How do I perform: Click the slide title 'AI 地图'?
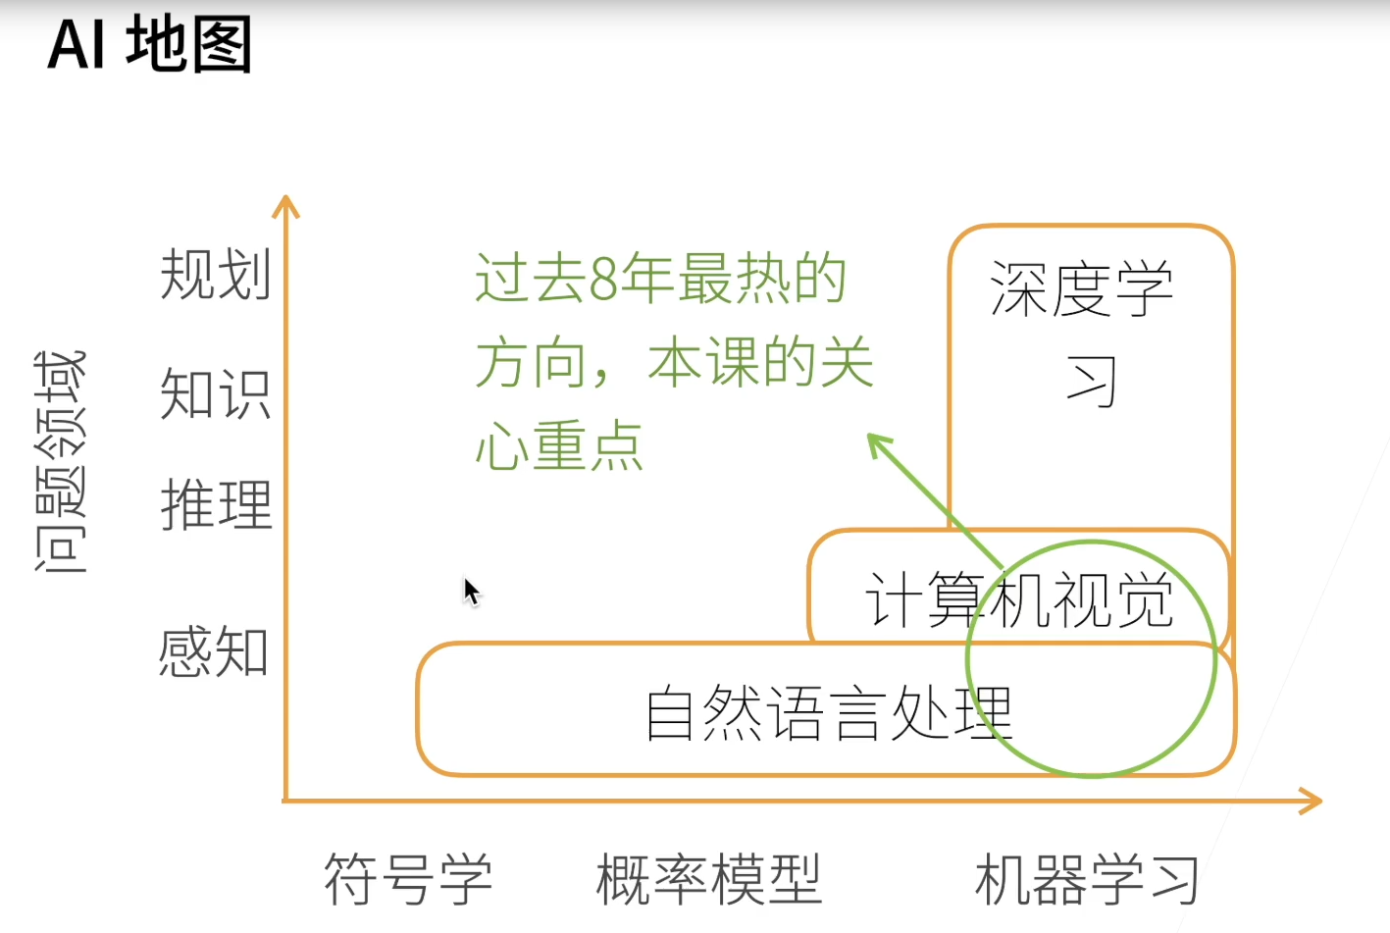[150, 45]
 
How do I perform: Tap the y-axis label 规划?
[215, 274]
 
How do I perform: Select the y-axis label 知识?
[215, 394]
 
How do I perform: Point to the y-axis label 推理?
[216, 505]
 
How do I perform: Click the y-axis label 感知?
[214, 651]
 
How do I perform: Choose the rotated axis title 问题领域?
[61, 461]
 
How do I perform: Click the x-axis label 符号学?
[408, 879]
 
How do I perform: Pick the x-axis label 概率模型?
[708, 879]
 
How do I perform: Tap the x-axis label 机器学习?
[1087, 879]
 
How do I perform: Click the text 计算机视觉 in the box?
[1018, 599]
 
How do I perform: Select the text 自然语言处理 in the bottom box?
[829, 713]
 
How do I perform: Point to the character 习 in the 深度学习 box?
[1092, 382]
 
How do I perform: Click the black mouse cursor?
[471, 592]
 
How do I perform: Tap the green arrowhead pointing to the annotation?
[876, 442]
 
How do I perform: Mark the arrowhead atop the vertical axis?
[285, 205]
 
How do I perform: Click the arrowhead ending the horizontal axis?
[1313, 801]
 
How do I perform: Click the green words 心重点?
[559, 447]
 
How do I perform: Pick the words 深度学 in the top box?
[1082, 289]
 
